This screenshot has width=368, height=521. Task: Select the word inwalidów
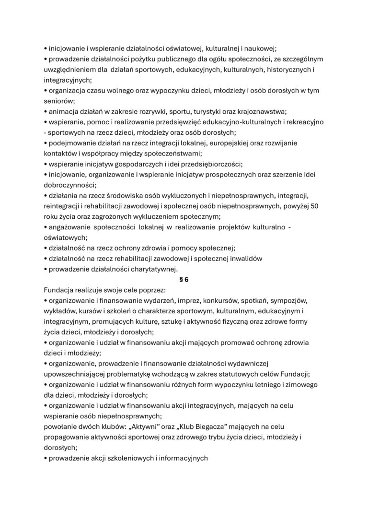[241, 259]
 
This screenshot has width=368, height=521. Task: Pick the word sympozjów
[290, 301]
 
